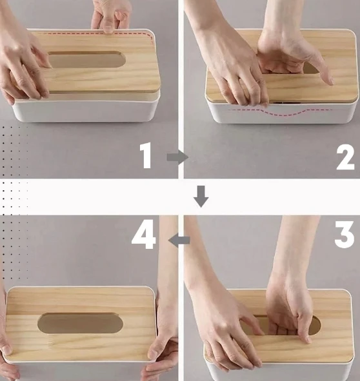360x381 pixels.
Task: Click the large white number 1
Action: click(146, 156)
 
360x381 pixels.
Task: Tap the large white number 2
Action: click(345, 157)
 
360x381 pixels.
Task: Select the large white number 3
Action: click(345, 234)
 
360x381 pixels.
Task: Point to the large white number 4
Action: click(143, 234)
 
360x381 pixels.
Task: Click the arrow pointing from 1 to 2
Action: click(177, 157)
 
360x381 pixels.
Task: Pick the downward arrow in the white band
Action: click(201, 197)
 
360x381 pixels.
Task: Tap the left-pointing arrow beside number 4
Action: click(179, 240)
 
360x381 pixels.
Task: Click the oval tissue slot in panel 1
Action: click(87, 59)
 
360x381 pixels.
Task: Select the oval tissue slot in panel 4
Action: click(80, 323)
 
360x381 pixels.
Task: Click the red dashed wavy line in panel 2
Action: click(281, 112)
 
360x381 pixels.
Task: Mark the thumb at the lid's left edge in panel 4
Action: click(5, 345)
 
